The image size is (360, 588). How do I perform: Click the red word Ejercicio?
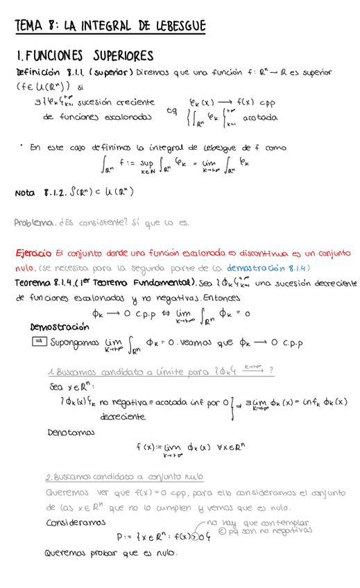(34, 253)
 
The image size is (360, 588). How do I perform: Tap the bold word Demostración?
(60, 327)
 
